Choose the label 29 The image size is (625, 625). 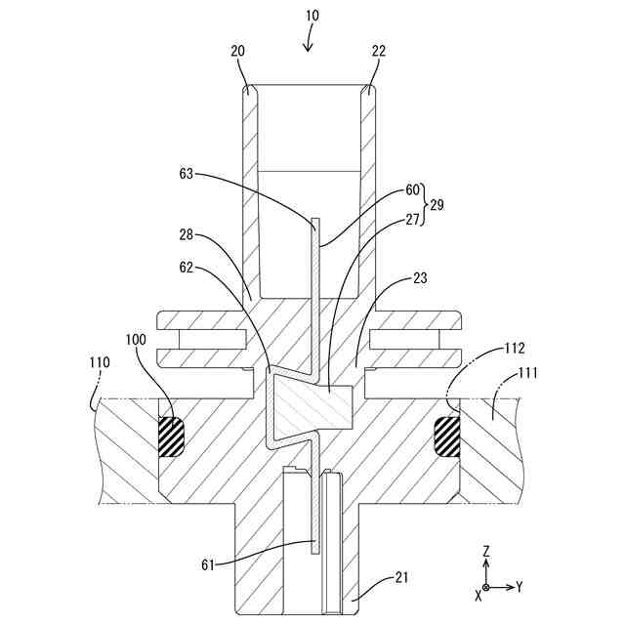tap(437, 205)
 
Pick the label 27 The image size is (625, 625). tap(415, 220)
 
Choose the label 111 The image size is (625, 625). tap(528, 372)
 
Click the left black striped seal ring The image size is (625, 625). tap(171, 436)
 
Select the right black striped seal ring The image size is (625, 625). tap(447, 436)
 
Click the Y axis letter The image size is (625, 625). tap(520, 587)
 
